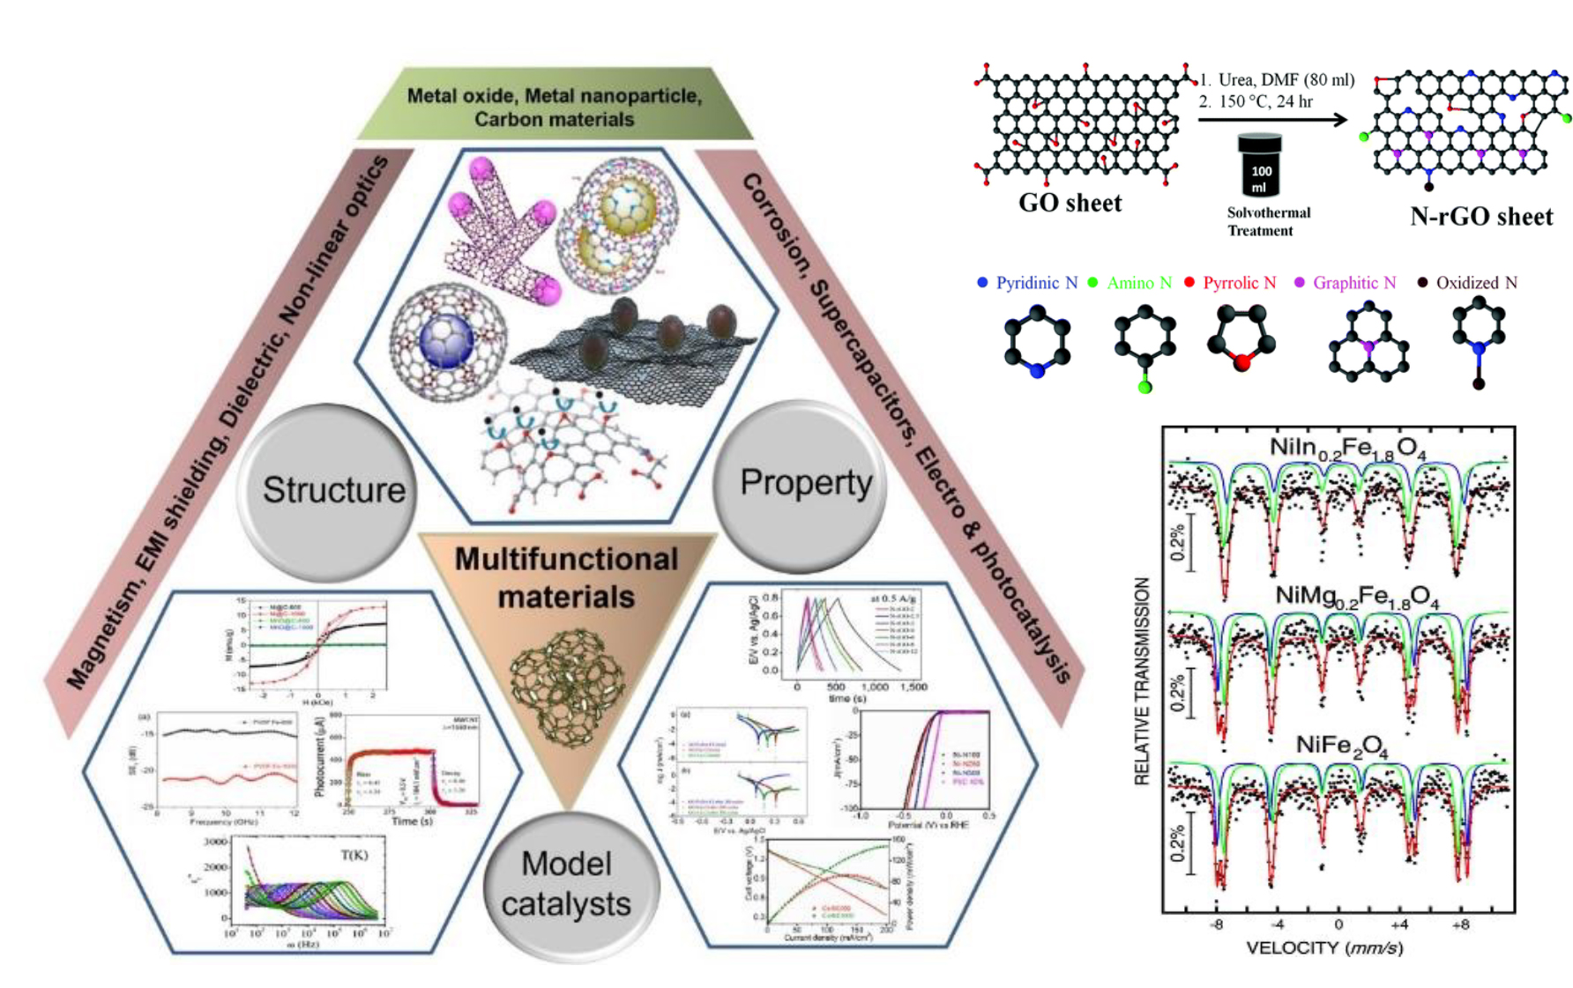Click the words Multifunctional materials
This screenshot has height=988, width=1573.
566,577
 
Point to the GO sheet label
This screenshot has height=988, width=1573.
1070,204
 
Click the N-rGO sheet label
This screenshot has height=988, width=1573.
1480,217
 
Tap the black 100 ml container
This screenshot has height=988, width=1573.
1259,166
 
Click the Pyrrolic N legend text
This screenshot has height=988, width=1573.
1239,283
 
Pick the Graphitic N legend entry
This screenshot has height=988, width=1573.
1353,283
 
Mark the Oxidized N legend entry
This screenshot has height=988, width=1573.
1476,283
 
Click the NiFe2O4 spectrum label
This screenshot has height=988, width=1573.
1341,747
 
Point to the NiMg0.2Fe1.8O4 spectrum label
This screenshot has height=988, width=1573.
1357,598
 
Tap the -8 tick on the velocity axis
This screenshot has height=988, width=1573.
1216,925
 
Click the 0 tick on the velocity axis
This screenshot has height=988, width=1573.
1338,925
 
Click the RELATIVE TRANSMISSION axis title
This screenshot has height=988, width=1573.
1143,680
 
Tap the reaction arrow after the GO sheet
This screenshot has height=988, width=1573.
1272,119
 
